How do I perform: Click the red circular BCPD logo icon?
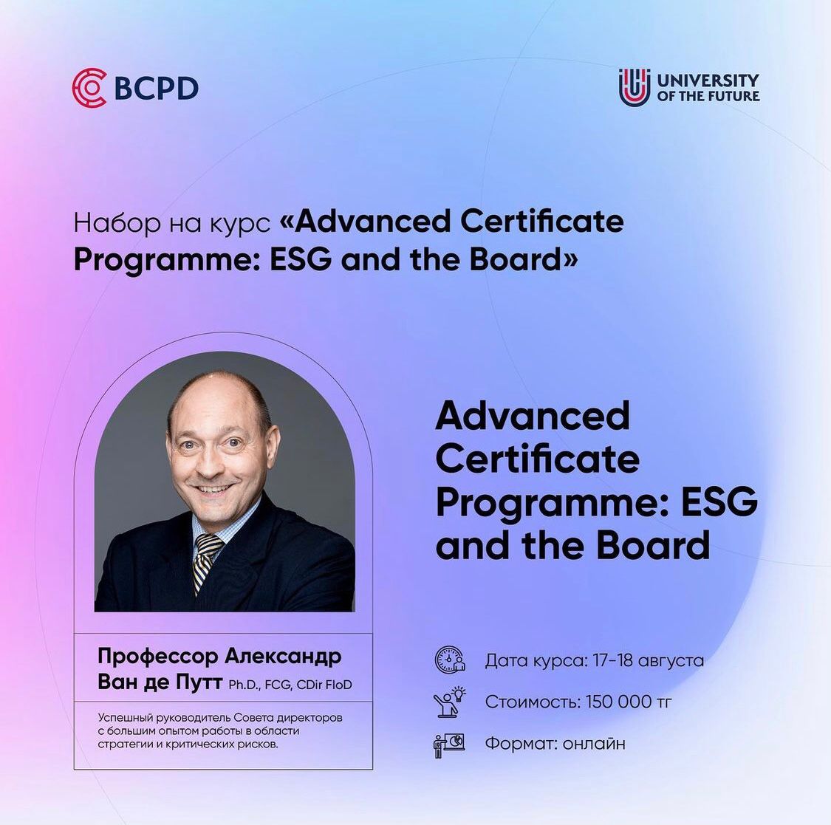tap(89, 88)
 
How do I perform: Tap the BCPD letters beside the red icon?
tap(157, 89)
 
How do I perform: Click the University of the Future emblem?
tap(635, 87)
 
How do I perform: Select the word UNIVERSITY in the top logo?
tap(708, 80)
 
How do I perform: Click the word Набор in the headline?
tap(117, 222)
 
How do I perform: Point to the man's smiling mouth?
tap(213, 488)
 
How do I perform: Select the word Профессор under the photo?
tap(158, 657)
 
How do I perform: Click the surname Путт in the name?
tap(197, 682)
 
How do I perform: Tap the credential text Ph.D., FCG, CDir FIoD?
tap(290, 685)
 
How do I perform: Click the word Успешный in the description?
tap(126, 718)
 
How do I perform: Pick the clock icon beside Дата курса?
tap(449, 660)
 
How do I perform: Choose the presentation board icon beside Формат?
tap(449, 744)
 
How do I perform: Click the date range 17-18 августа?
tap(648, 660)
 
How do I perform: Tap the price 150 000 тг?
tap(629, 702)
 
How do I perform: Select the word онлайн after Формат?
tap(594, 744)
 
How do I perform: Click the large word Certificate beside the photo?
tap(537, 459)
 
